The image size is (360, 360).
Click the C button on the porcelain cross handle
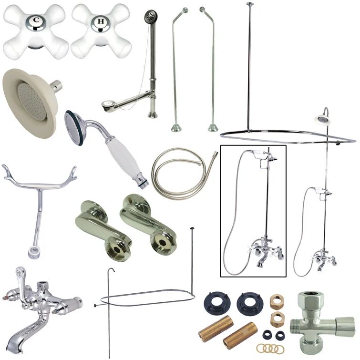[x=34, y=21]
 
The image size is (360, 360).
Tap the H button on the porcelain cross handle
[x=100, y=21]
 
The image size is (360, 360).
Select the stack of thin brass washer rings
[x=269, y=349]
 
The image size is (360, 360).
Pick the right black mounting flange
[x=249, y=303]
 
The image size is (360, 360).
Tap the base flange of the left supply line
[x=176, y=128]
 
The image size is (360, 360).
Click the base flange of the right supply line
[x=213, y=128]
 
